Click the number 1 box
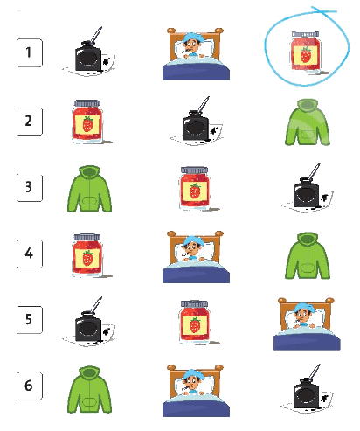pyautogui.click(x=30, y=52)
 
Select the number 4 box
pyautogui.click(x=30, y=254)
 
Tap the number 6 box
pyautogui.click(x=30, y=386)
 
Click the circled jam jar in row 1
pyautogui.click(x=306, y=52)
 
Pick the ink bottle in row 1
pyautogui.click(x=89, y=52)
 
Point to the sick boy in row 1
pyautogui.click(x=196, y=53)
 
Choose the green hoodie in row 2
pyautogui.click(x=308, y=122)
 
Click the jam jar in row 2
pyautogui.click(x=88, y=122)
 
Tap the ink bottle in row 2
pyautogui.click(x=197, y=122)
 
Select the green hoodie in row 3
pyautogui.click(x=90, y=189)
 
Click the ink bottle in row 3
pyautogui.click(x=307, y=188)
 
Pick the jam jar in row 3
pyautogui.click(x=196, y=189)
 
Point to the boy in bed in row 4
pyautogui.click(x=196, y=257)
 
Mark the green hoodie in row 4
pyautogui.click(x=308, y=255)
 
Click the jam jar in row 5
pyautogui.click(x=196, y=323)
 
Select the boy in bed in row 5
pyautogui.click(x=307, y=323)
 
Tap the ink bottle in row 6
pyautogui.click(x=307, y=389)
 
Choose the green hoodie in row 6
pyautogui.click(x=90, y=390)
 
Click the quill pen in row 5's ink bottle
pyautogui.click(x=96, y=305)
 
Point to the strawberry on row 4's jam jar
pyautogui.click(x=87, y=258)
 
